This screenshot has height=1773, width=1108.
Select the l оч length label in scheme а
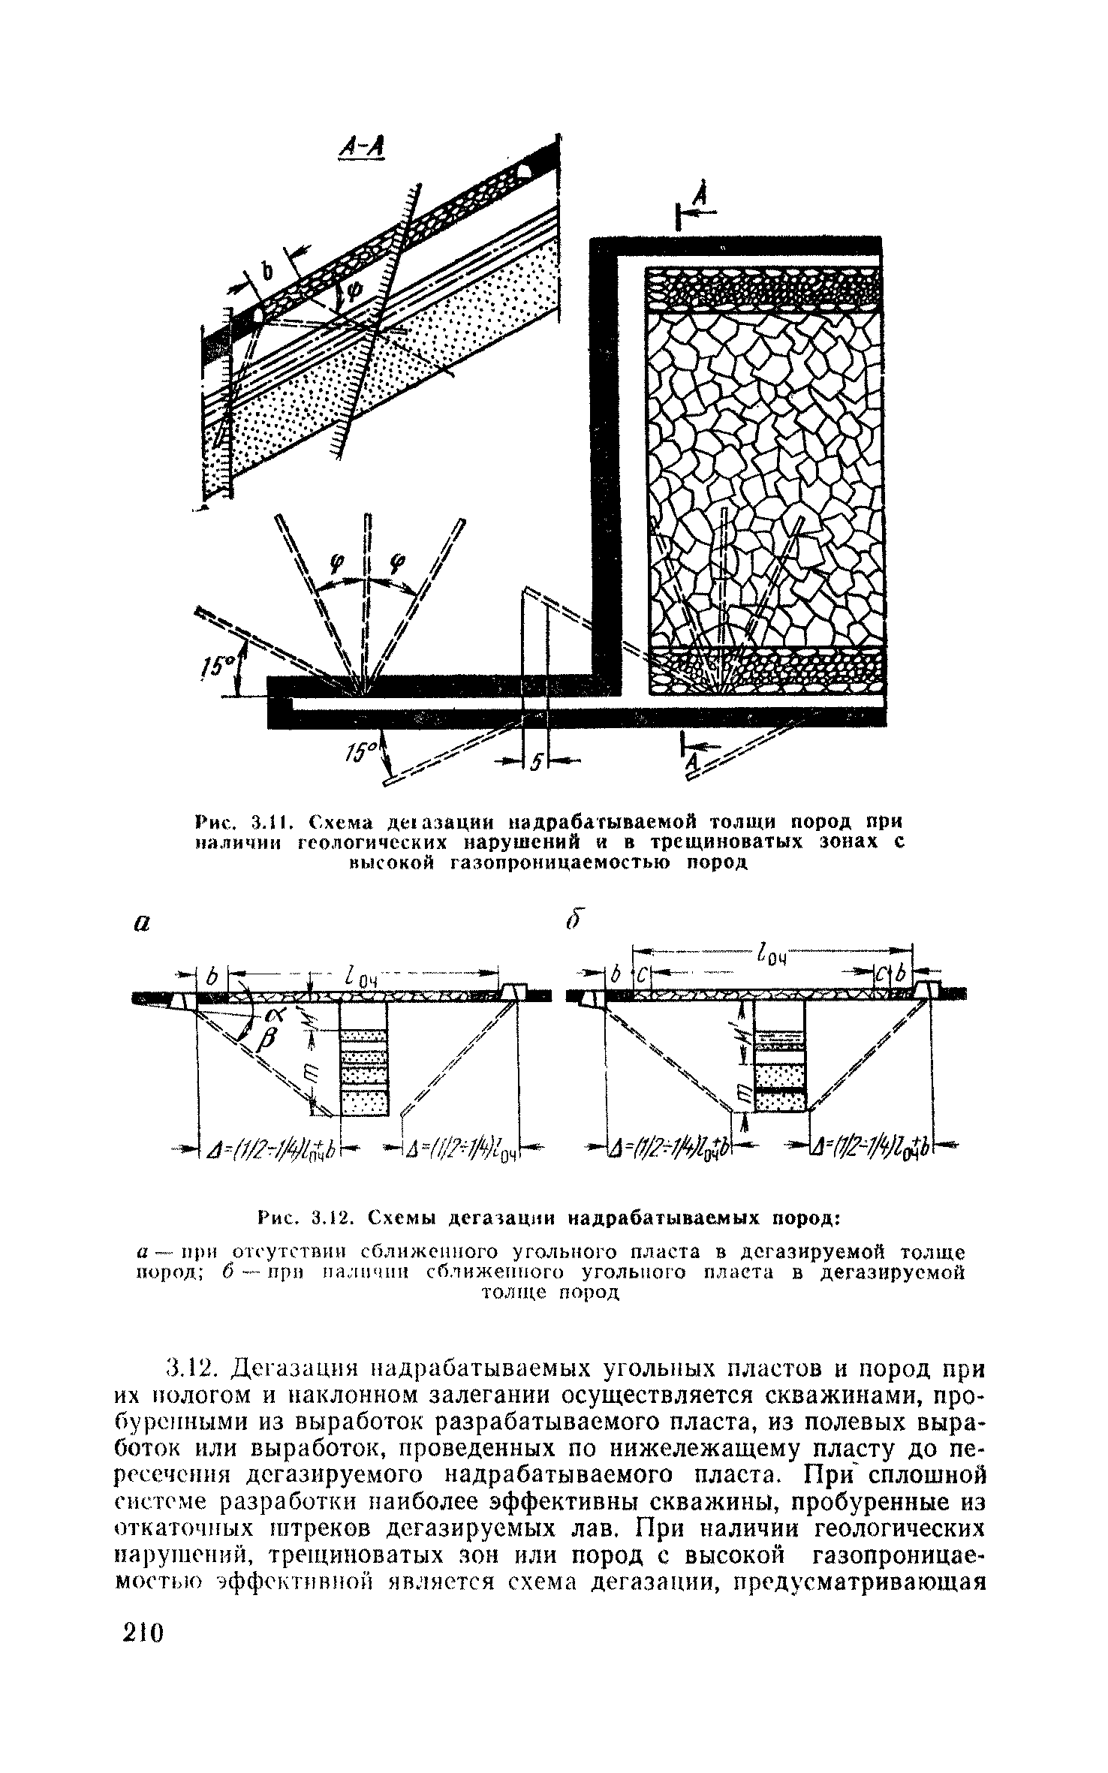(x=358, y=980)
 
